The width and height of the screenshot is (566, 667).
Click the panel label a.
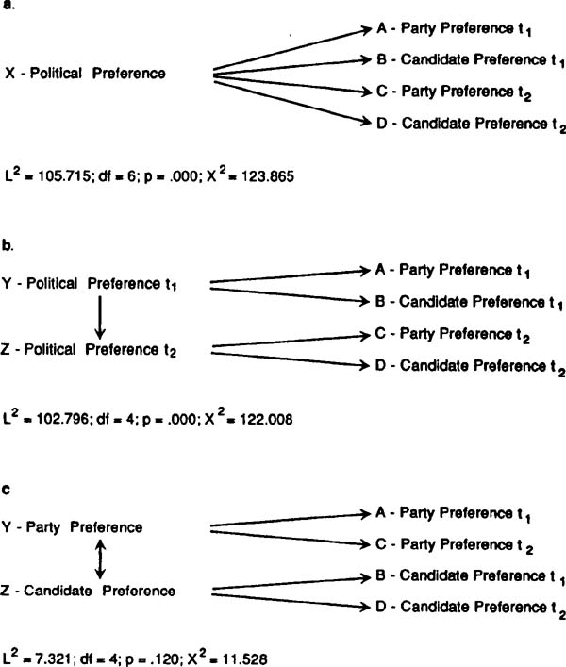click(8, 6)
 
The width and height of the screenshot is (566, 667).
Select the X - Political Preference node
click(85, 74)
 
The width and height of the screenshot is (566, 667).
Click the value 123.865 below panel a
click(268, 175)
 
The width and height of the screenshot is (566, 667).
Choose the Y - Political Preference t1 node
click(89, 284)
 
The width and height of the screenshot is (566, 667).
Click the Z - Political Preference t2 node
click(89, 350)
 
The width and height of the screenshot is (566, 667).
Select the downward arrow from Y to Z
click(99, 318)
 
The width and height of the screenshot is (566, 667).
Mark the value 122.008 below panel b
click(267, 419)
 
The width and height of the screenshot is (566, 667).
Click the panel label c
click(6, 490)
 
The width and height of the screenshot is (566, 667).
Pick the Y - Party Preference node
click(73, 527)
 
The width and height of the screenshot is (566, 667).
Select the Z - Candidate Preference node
click(88, 591)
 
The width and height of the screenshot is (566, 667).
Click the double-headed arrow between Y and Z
click(99, 559)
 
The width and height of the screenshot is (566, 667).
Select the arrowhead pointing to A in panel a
click(366, 29)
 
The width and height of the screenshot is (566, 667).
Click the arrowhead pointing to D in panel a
click(366, 122)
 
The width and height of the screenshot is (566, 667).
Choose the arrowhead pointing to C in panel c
click(365, 544)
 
